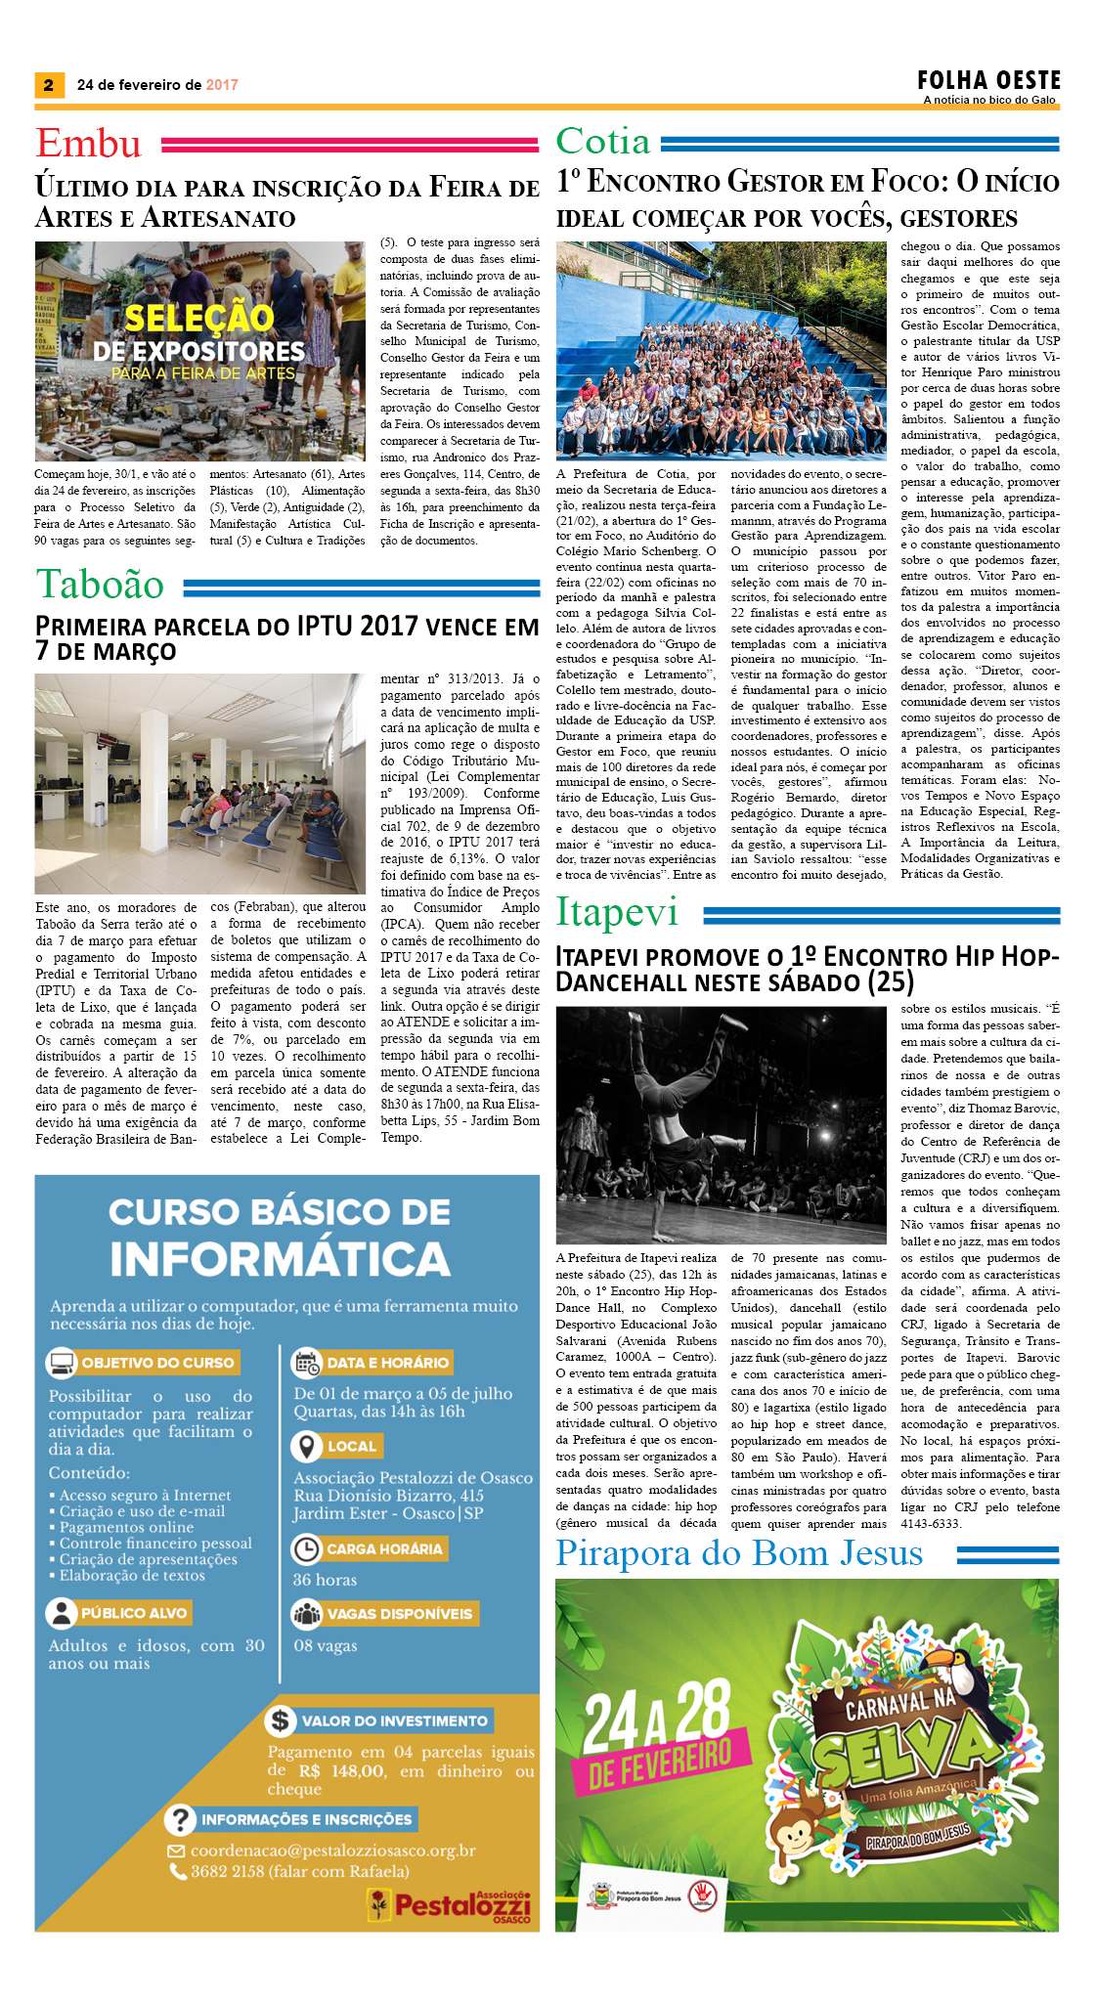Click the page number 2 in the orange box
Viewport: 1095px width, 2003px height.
point(49,85)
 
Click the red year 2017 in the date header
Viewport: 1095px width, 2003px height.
point(222,85)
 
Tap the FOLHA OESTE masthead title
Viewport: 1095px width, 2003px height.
point(988,80)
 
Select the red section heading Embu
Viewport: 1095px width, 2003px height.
point(89,144)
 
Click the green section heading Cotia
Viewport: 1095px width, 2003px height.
point(603,142)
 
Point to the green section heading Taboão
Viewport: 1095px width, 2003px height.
point(100,585)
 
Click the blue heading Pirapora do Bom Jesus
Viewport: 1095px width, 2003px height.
point(739,1552)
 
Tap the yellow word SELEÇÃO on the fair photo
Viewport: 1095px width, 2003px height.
point(199,319)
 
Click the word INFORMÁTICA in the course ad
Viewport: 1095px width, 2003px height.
point(280,1259)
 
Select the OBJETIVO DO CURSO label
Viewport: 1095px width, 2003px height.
point(157,1363)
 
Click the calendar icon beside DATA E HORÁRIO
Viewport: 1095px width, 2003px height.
point(307,1362)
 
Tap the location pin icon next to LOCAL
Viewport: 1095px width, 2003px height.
point(307,1446)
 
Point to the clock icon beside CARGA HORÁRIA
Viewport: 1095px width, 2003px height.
point(307,1548)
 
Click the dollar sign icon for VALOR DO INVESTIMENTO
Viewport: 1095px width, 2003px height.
point(282,1720)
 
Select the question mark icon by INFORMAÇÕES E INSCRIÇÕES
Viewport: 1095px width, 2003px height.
point(181,1819)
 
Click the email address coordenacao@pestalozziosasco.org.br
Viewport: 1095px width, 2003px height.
point(332,1851)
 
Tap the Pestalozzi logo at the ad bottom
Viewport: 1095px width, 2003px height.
point(450,1904)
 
